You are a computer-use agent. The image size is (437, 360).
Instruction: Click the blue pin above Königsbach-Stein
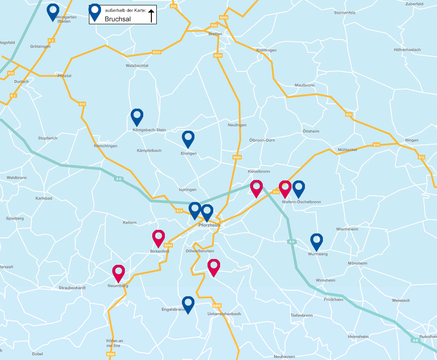137,116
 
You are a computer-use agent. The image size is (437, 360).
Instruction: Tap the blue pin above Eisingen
188,138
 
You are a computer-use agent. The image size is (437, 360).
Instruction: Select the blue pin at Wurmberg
317,241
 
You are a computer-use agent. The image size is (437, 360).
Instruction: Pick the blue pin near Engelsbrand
188,303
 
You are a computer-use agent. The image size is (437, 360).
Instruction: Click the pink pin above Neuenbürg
118,272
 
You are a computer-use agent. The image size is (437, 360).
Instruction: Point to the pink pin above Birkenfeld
159,237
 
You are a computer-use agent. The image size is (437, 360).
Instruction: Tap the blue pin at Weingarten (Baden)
53,11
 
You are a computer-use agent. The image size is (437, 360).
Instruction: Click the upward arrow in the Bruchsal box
151,16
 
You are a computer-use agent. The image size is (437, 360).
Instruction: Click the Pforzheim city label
208,225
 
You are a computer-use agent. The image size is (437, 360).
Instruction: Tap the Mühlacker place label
348,149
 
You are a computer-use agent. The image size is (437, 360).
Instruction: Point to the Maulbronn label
304,85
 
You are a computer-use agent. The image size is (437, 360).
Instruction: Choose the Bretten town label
216,34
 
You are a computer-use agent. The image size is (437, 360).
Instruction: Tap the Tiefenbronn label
301,315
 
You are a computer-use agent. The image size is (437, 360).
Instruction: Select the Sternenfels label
344,13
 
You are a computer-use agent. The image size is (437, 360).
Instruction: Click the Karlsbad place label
44,198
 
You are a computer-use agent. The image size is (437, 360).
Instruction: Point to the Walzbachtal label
137,66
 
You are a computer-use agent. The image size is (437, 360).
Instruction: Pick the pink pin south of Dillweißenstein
214,267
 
